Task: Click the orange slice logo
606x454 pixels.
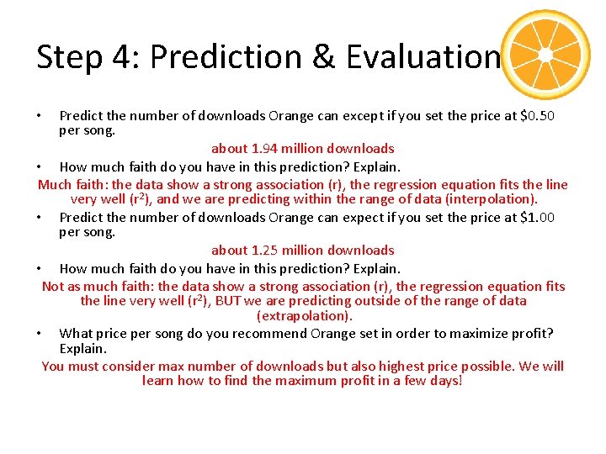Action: click(x=545, y=55)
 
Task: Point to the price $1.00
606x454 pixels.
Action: click(x=538, y=217)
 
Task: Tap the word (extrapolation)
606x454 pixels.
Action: click(x=304, y=316)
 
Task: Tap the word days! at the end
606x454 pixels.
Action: click(x=444, y=381)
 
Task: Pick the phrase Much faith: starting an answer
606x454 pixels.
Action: click(x=73, y=184)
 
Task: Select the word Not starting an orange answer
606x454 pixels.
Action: click(x=53, y=286)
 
